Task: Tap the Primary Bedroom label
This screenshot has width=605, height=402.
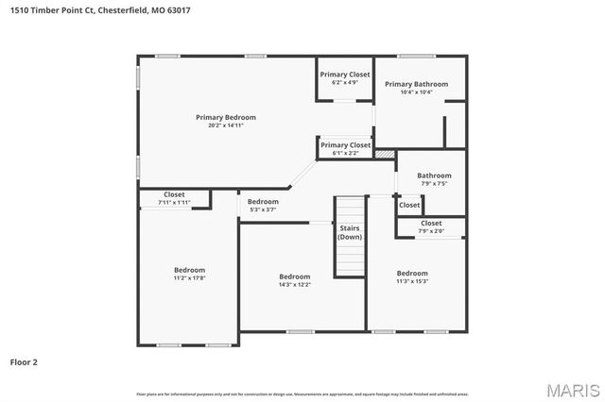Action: pyautogui.click(x=226, y=117)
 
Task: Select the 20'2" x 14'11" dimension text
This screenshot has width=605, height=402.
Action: pyautogui.click(x=226, y=126)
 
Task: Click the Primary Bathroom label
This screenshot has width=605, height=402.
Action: pyautogui.click(x=416, y=84)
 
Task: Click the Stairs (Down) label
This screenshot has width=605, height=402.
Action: pyautogui.click(x=350, y=232)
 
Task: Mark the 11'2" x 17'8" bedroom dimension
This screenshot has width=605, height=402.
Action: pyautogui.click(x=189, y=278)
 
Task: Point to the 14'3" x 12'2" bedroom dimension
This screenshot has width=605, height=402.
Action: pyautogui.click(x=294, y=284)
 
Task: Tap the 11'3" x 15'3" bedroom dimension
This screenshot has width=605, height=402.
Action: pyautogui.click(x=412, y=281)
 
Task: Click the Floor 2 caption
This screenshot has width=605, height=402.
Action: pyautogui.click(x=24, y=361)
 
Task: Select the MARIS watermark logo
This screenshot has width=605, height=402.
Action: pyautogui.click(x=573, y=389)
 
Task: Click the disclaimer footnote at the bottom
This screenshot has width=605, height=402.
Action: pyautogui.click(x=302, y=394)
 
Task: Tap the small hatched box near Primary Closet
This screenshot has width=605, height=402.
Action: pyautogui.click(x=384, y=153)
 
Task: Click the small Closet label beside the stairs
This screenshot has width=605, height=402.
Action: pyautogui.click(x=409, y=205)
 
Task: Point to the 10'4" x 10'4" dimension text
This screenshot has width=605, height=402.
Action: pyautogui.click(x=416, y=92)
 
